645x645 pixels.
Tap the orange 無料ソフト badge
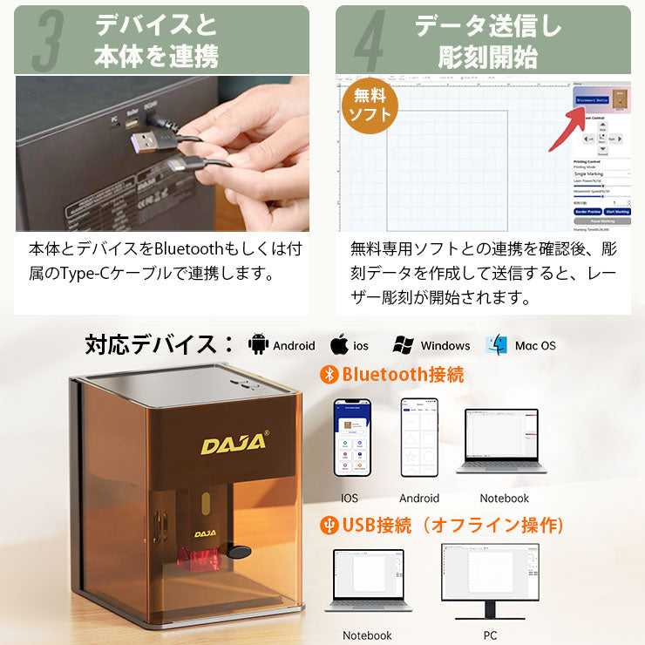point(370,105)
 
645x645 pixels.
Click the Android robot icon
point(259,344)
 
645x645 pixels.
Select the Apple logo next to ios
point(339,344)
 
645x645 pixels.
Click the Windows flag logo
point(403,344)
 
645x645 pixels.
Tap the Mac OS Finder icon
point(497,344)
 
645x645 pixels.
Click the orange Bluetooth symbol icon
point(329,375)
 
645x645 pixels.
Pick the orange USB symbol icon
point(329,526)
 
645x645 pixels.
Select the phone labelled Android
point(418,438)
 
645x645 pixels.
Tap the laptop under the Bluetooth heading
point(503,440)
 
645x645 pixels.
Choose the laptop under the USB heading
point(367,582)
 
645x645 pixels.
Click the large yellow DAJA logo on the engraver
point(234,444)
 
